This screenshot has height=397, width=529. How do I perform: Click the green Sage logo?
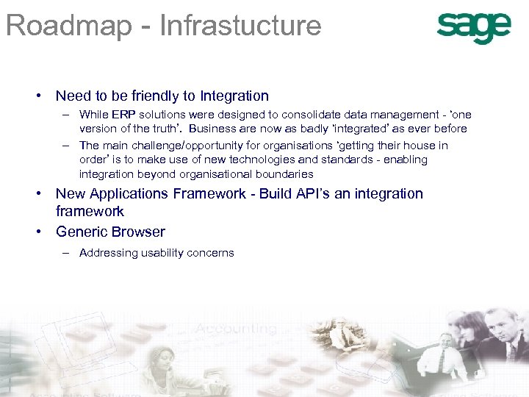[x=474, y=28]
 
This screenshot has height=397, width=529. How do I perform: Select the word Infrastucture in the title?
[x=241, y=25]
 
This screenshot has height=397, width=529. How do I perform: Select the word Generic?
[x=80, y=232]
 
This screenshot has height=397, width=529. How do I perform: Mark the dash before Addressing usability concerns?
[x=66, y=253]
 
